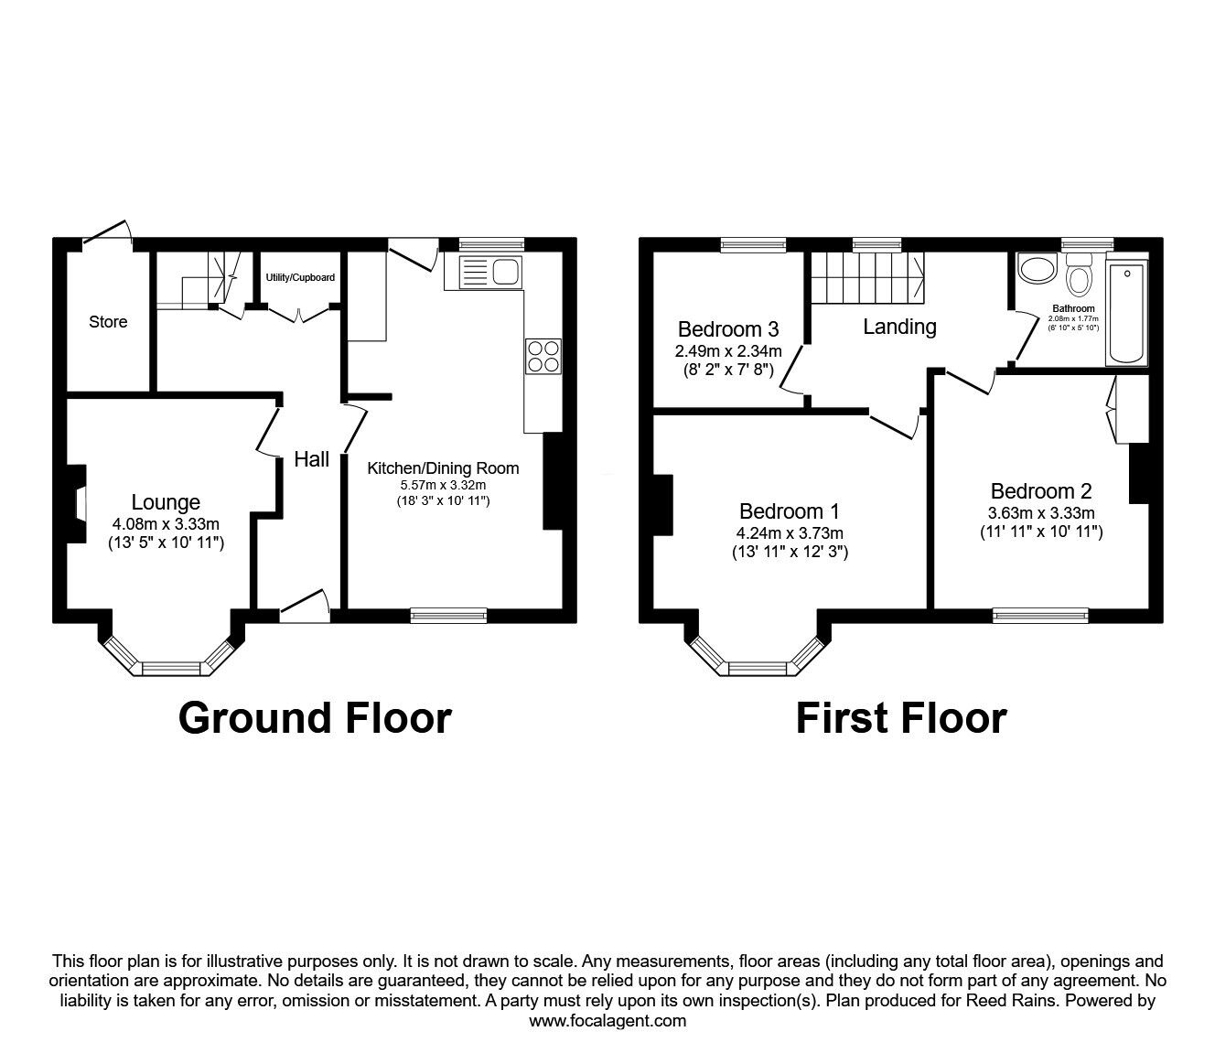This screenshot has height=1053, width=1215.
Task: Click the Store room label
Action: [x=108, y=322]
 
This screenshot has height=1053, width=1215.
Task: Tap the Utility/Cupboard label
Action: [x=300, y=277]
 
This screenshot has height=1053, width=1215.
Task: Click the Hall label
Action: [x=311, y=459]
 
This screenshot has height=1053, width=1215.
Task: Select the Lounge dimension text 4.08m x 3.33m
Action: [x=166, y=523]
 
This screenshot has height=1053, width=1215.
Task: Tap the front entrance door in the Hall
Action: [x=305, y=607]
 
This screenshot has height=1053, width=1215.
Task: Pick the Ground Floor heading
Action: [x=315, y=718]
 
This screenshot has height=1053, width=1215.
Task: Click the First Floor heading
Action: [x=900, y=718]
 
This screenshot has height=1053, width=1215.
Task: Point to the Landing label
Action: [x=899, y=327]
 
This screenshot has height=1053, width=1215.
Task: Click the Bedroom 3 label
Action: [x=728, y=329]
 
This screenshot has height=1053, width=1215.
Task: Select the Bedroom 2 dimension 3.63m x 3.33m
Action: [x=1041, y=513]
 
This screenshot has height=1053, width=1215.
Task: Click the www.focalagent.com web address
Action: [x=607, y=1021]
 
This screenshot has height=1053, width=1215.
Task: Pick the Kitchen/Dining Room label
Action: [x=443, y=468]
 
